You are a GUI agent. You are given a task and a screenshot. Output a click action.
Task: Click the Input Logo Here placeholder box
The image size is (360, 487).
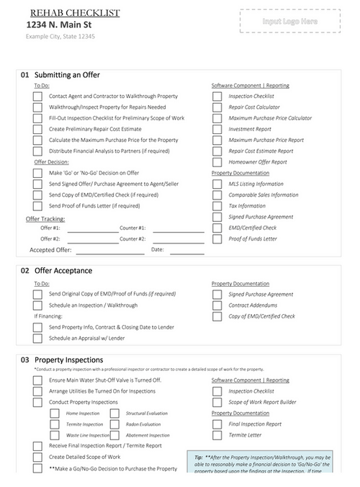click(x=290, y=22)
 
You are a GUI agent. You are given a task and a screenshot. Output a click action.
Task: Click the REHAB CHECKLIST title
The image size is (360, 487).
click(x=75, y=13)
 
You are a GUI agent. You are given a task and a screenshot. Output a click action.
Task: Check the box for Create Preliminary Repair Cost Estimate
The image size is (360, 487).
click(x=37, y=129)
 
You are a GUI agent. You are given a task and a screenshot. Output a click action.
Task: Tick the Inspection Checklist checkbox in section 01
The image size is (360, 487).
click(x=216, y=96)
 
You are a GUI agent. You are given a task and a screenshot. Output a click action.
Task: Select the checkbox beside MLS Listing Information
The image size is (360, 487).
click(x=216, y=184)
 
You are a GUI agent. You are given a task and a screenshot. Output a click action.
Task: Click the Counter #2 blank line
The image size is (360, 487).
click(x=178, y=239)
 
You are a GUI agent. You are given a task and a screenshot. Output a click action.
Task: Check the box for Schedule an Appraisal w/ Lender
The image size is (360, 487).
click(x=37, y=338)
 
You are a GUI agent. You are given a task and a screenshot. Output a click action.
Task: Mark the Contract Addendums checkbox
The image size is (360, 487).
click(x=216, y=305)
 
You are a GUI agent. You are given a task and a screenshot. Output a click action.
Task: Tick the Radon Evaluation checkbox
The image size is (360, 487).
click(x=114, y=424)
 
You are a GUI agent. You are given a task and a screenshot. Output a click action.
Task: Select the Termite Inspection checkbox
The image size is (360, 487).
click(x=55, y=424)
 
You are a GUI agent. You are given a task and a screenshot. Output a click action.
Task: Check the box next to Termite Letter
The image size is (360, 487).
click(x=216, y=435)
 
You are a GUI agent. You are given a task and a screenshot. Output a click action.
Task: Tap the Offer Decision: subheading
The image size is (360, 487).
click(x=52, y=162)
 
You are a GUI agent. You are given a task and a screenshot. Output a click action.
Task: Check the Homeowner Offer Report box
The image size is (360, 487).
click(x=216, y=162)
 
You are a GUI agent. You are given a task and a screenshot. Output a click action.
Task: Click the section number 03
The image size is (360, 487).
click(x=24, y=359)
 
